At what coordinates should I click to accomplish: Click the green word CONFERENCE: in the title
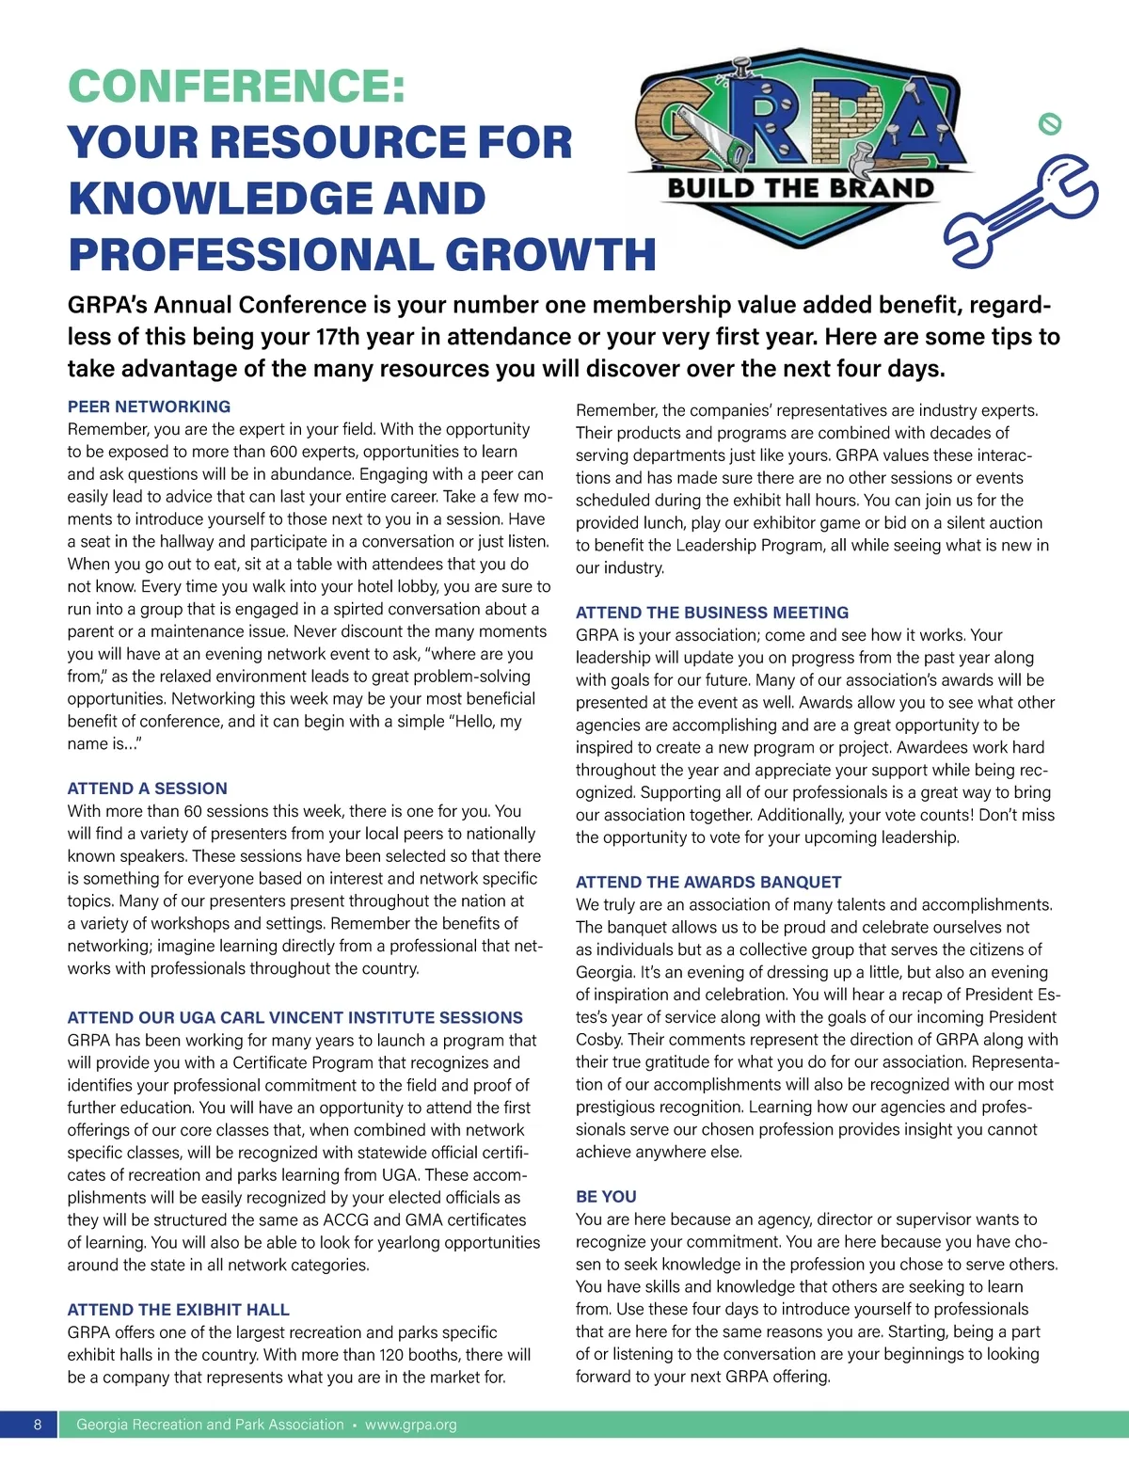coord(237,87)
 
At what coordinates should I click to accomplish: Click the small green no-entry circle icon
coord(1050,123)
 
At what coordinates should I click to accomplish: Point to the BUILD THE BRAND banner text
coord(801,188)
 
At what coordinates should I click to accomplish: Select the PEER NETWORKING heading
coord(149,406)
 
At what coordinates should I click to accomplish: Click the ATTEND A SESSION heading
coord(147,789)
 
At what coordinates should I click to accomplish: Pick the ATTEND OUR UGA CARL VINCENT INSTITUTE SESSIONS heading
coord(294,1017)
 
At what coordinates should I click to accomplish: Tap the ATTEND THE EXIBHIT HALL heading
coord(178,1309)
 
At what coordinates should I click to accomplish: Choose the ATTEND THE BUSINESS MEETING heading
coord(711,612)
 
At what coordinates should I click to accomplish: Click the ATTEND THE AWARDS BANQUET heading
coord(708,882)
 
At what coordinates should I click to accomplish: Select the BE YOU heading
coord(606,1196)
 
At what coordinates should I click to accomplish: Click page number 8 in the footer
coord(38,1425)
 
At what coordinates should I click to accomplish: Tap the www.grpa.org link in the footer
coord(410,1425)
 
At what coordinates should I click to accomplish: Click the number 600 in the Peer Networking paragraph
coord(284,452)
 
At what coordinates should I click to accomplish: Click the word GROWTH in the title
coord(550,255)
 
